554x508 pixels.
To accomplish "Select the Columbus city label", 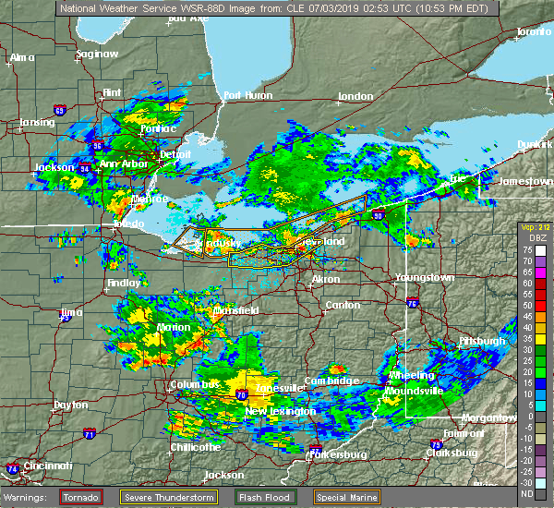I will pos(194,384).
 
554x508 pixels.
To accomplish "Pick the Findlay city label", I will pos(123,283).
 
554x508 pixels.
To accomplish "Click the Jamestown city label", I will pos(524,181).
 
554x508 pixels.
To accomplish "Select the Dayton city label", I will pos(70,405).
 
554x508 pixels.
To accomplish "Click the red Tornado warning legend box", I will pos(81,496).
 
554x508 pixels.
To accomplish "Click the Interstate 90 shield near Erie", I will pos(379,215).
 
